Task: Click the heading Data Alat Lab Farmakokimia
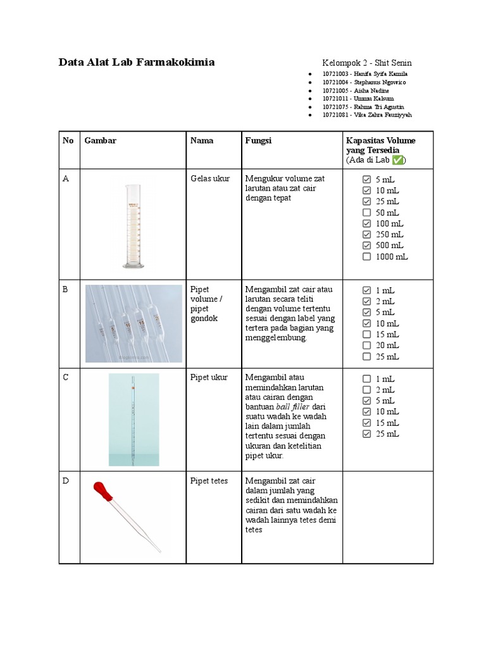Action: (137, 62)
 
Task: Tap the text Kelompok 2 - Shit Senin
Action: (367, 63)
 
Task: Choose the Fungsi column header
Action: (258, 140)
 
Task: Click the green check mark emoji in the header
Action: (397, 161)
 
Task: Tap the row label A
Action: (66, 179)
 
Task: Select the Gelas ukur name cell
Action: (210, 179)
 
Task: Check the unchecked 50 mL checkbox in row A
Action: (366, 213)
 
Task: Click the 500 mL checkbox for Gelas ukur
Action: (366, 246)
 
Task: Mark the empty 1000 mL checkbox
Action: (366, 256)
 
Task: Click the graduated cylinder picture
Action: (133, 225)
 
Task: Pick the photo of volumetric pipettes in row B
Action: (134, 323)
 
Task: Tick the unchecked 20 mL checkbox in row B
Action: (366, 346)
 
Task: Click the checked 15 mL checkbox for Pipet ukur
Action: (366, 423)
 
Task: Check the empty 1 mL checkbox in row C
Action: (366, 379)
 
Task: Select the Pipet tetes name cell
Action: (209, 482)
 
